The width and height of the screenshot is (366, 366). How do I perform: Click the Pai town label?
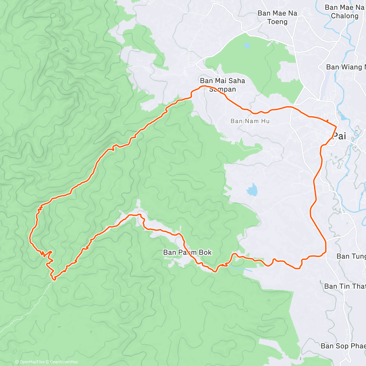tap(339, 136)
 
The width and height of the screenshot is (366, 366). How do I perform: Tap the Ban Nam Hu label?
tap(250, 121)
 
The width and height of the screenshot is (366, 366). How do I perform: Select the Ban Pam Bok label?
tap(187, 252)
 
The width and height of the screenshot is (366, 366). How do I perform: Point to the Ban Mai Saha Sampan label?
tap(222, 85)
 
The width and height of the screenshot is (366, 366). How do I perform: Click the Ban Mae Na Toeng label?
tap(277, 17)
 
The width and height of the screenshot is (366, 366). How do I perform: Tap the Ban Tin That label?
tap(345, 286)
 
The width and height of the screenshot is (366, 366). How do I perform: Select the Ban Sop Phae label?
tap(343, 346)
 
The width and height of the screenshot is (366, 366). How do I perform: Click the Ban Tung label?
tap(351, 256)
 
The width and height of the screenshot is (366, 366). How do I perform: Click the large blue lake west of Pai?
tap(252, 190)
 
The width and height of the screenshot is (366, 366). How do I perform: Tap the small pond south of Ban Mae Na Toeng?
tap(246, 46)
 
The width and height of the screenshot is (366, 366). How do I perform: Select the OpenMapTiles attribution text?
tap(32, 362)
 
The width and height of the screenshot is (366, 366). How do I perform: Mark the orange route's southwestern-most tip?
tap(54, 278)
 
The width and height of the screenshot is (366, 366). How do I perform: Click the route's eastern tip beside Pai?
tap(336, 126)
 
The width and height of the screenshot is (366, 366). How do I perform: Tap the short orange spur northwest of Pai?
tap(327, 120)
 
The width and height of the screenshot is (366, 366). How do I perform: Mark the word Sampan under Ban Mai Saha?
tap(222, 89)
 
